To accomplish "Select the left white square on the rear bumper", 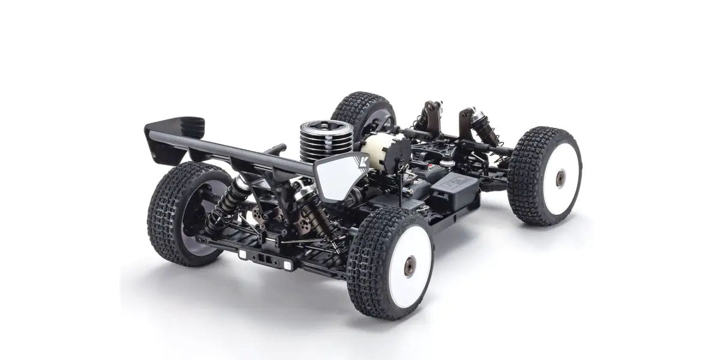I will (x=242, y=254).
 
